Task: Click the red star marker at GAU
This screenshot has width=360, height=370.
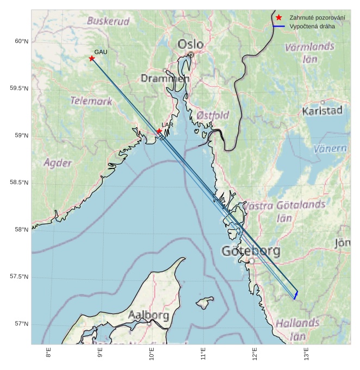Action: [x=92, y=58]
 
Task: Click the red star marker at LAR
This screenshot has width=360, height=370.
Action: [x=159, y=131]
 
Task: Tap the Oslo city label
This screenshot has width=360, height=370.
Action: [x=190, y=44]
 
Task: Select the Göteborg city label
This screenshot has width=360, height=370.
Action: [x=251, y=251]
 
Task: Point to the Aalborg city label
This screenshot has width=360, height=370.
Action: [x=149, y=315]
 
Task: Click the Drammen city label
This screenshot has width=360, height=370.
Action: [x=165, y=78]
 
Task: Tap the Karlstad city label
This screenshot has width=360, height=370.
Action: [x=322, y=111]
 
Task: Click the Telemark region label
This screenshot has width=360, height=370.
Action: [x=91, y=101]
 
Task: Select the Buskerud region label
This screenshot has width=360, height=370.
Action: [x=109, y=21]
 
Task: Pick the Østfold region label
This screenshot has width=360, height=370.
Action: [x=212, y=115]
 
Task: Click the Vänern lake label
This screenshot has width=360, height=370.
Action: [x=330, y=148]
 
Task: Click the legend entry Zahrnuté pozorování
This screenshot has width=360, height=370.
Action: [x=317, y=18]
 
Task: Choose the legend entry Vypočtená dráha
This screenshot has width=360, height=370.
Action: [x=312, y=26]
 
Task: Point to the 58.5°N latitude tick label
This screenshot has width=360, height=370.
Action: [x=18, y=183]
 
